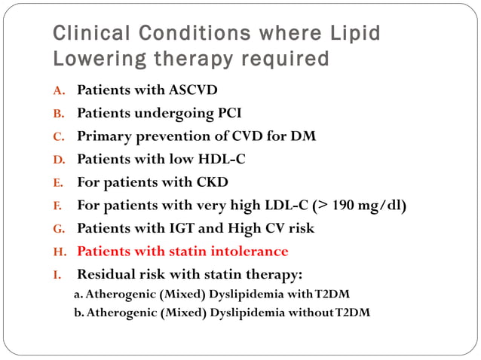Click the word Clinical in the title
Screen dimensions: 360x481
[82, 34]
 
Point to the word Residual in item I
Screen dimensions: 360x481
[106, 273]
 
